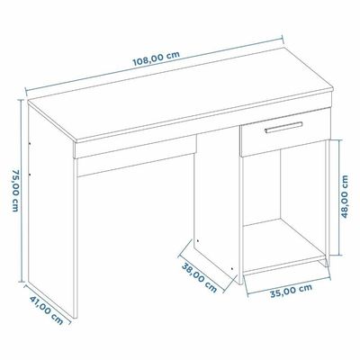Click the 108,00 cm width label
(157, 58)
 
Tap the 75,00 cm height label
(16, 191)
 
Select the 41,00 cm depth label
(47, 310)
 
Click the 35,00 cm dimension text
(292, 291)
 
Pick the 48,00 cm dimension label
(345, 196)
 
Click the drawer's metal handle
(283, 127)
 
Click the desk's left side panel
(51, 210)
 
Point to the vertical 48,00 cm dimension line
(339, 197)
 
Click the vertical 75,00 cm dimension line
(21, 191)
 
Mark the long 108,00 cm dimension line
(154, 64)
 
